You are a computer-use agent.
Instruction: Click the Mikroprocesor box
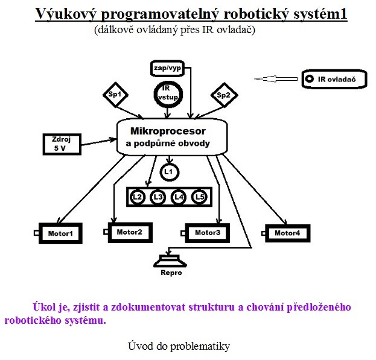171,137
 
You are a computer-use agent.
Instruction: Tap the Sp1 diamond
114,95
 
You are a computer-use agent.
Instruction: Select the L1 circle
169,172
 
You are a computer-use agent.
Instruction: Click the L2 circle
138,197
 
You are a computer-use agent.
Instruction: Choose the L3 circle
158,197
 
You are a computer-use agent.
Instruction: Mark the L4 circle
179,197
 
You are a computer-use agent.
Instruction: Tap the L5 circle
199,197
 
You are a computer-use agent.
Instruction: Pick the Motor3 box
208,233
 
